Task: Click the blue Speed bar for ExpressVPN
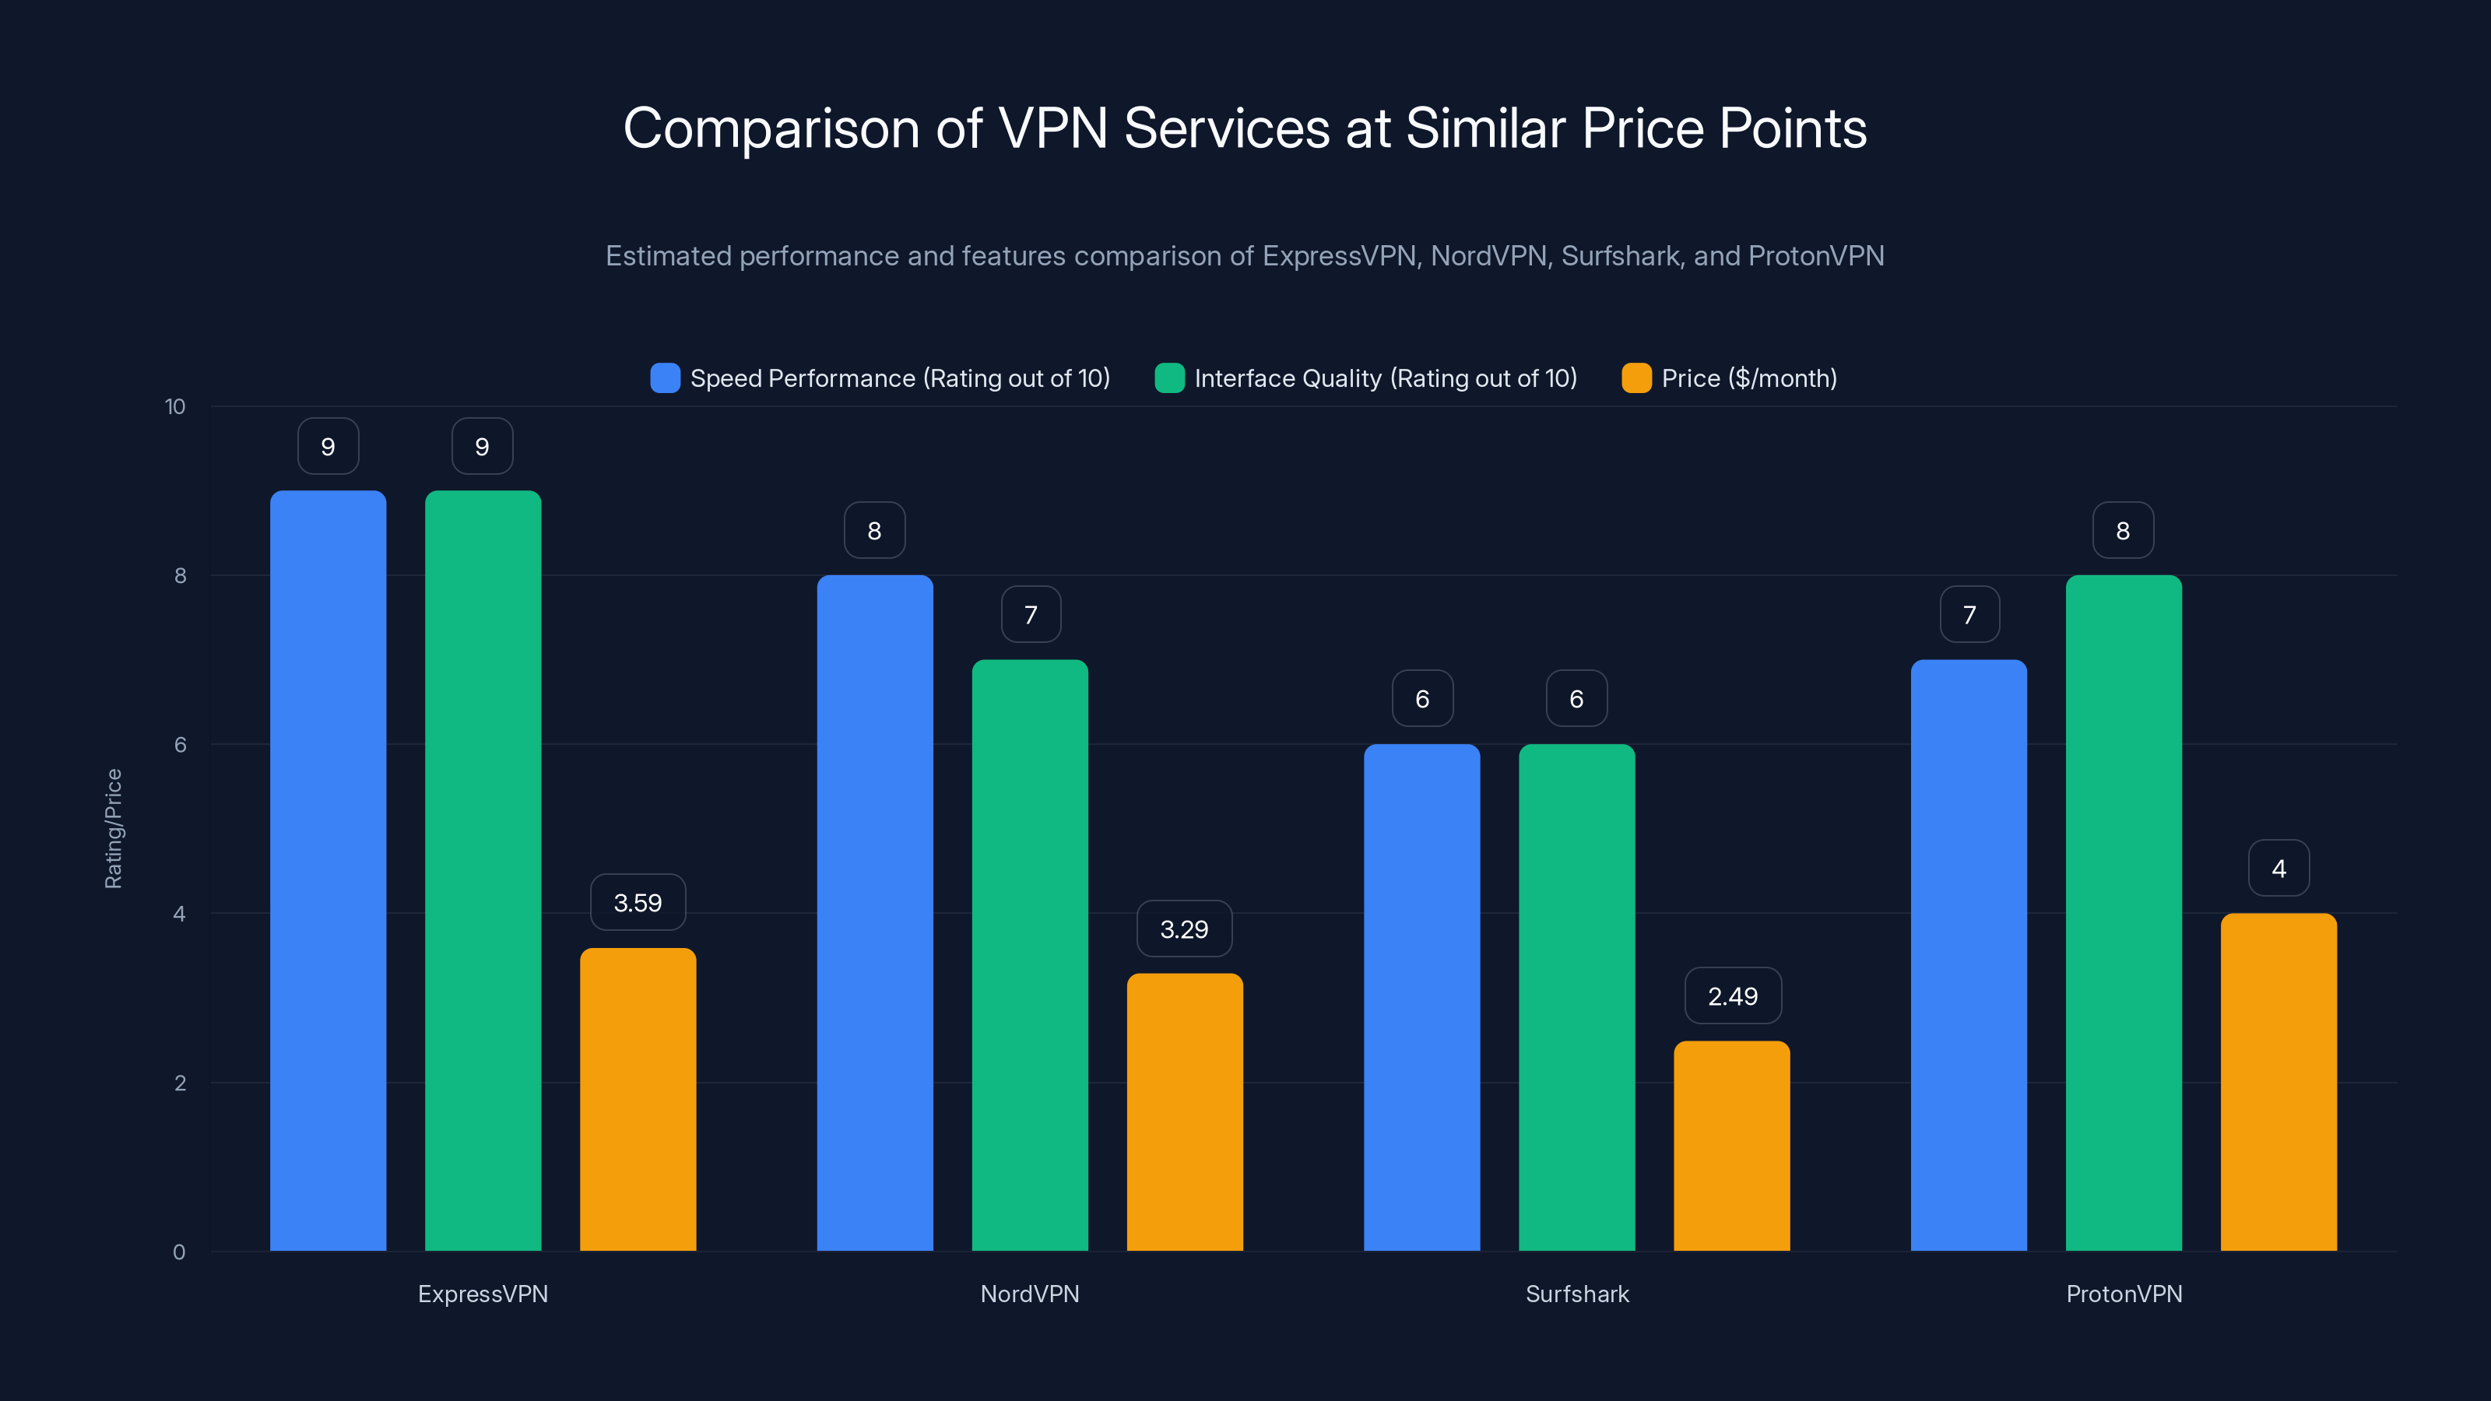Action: (328, 870)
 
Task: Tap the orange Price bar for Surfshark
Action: (1731, 1146)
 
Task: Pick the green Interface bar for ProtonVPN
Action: (2124, 913)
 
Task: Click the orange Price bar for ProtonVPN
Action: (2278, 1082)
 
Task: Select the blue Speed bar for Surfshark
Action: (1421, 997)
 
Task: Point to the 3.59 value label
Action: (638, 903)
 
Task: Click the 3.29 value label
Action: (1183, 929)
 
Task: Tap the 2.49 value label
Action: (1732, 996)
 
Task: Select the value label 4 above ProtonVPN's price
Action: (2278, 869)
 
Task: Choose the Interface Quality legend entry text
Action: (1385, 378)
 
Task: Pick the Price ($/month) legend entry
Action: (1748, 378)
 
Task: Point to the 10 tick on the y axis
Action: (175, 406)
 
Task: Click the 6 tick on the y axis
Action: (180, 745)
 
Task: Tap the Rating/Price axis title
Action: (113, 829)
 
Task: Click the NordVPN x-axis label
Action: (1030, 1294)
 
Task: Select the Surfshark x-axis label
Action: (1577, 1294)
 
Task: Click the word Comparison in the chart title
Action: (771, 128)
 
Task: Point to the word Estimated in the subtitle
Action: (668, 255)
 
